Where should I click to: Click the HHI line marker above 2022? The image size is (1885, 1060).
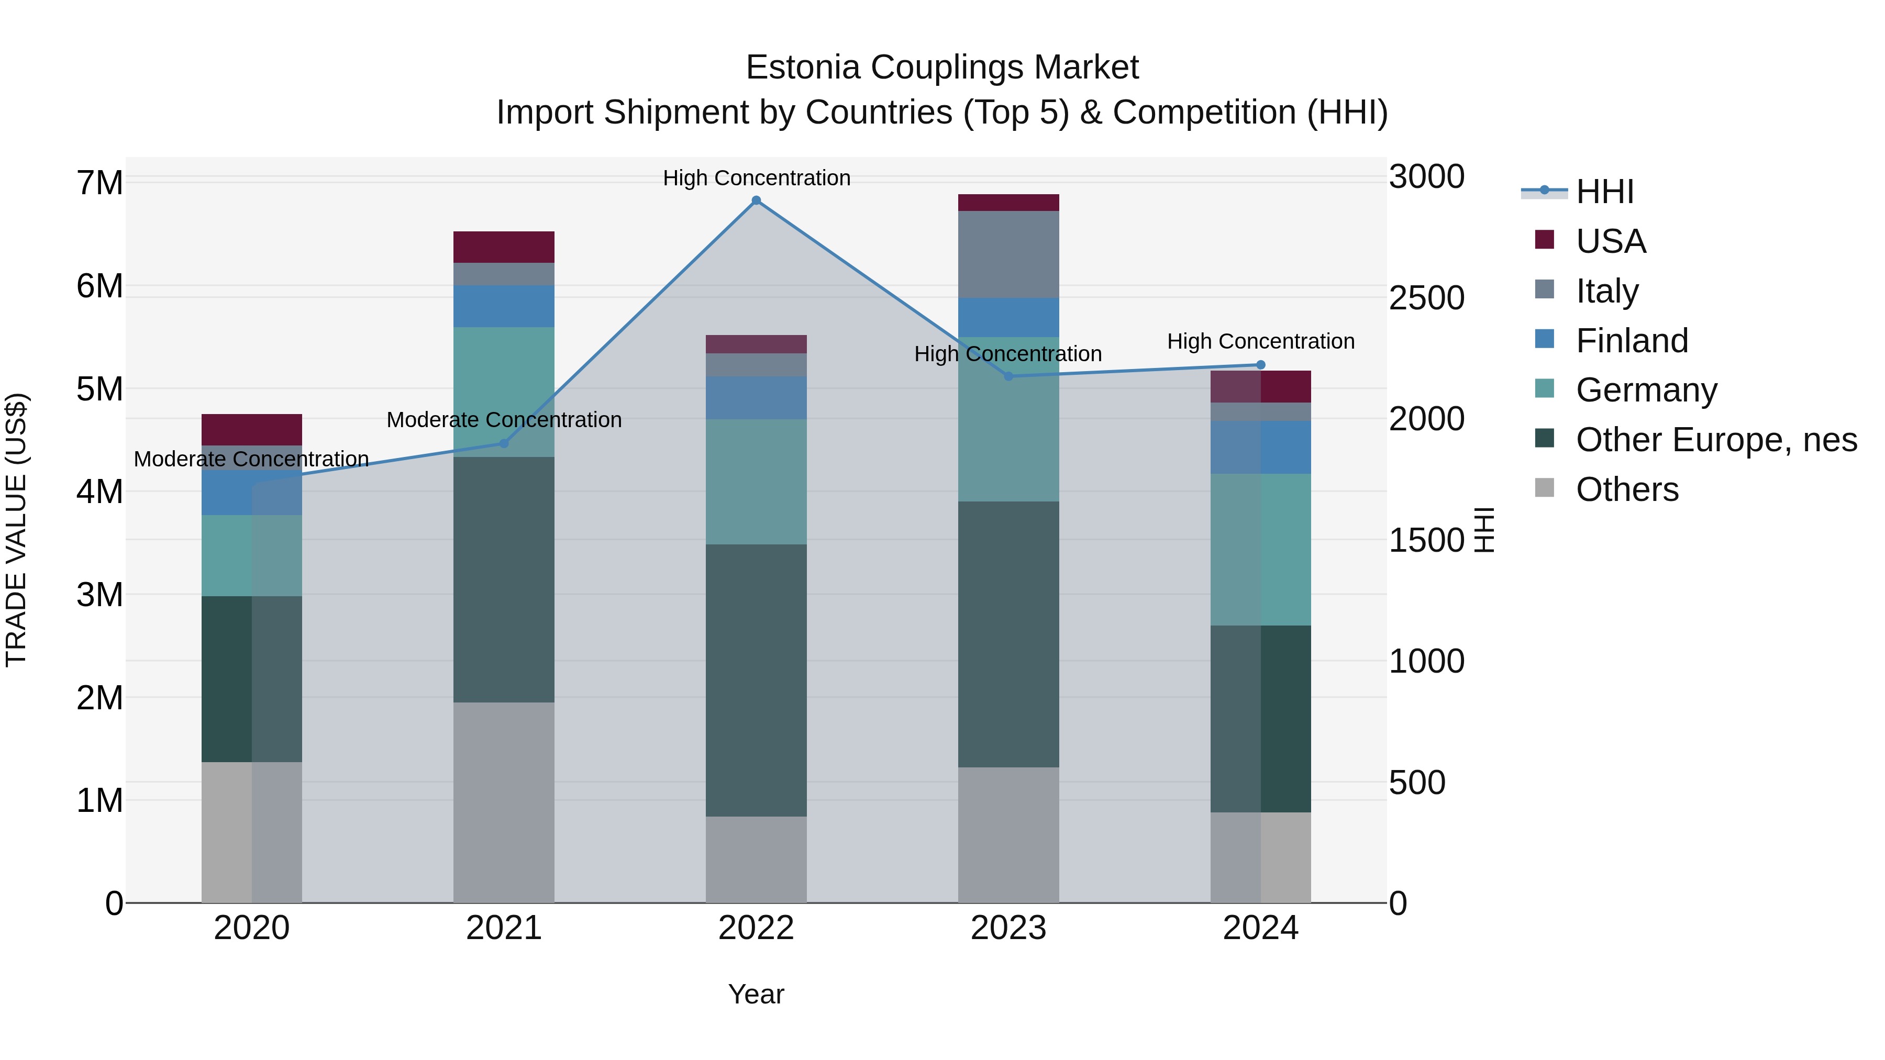756,200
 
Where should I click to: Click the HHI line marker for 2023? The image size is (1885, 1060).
1008,376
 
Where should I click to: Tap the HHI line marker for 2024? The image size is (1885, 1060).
1260,364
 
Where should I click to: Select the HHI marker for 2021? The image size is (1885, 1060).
503,443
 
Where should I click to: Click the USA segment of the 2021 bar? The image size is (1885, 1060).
503,247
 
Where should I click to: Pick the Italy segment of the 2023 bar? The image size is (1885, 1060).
1008,254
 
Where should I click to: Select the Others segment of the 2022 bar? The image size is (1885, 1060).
756,859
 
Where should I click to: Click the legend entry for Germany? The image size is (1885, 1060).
1646,390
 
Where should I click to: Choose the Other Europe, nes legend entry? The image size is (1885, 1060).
1716,440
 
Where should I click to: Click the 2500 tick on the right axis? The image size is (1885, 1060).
1426,298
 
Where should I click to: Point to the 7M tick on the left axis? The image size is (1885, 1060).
99,183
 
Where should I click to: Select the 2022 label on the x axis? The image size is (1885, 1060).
756,928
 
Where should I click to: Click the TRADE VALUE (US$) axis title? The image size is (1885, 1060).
16,530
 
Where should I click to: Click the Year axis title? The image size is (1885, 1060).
756,994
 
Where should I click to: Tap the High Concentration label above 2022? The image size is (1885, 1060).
756,178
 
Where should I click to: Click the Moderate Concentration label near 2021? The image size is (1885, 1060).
503,420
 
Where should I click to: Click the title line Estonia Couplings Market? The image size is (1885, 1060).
942,68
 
